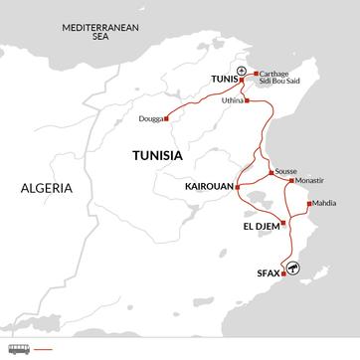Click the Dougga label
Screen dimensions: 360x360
tap(150, 119)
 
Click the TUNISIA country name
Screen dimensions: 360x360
tap(159, 155)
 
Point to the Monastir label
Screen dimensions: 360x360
tap(312, 181)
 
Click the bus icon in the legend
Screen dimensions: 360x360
tap(18, 349)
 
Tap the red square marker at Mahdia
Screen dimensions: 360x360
tap(308, 204)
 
